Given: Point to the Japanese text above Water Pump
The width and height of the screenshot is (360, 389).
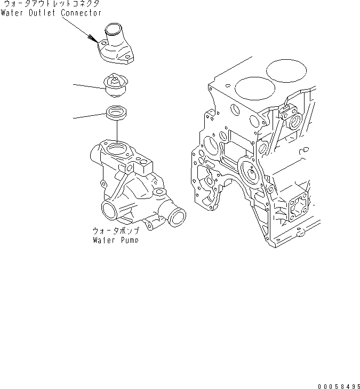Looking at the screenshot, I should [x=116, y=231].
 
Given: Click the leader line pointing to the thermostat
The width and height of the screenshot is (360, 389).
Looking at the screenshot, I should [x=88, y=86].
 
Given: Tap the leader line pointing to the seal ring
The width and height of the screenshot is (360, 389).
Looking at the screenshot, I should [x=89, y=116].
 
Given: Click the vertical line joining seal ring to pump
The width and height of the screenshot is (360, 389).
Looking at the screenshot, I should [x=116, y=131].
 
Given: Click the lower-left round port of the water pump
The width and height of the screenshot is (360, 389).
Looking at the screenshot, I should [x=109, y=210].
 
